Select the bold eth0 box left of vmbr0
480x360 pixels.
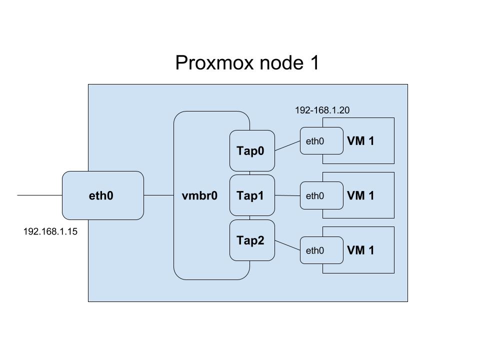click(102, 195)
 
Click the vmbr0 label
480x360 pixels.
click(200, 195)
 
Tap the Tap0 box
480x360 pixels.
click(252, 150)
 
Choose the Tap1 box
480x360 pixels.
click(252, 195)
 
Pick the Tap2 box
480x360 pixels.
click(252, 240)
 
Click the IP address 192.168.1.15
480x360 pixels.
click(50, 232)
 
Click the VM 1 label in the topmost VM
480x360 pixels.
click(360, 141)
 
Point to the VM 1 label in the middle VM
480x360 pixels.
click(360, 195)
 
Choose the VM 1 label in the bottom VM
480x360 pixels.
click(360, 250)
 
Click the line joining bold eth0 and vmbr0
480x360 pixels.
click(158, 195)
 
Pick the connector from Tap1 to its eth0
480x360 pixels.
click(287, 195)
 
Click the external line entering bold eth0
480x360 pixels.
click(40, 195)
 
